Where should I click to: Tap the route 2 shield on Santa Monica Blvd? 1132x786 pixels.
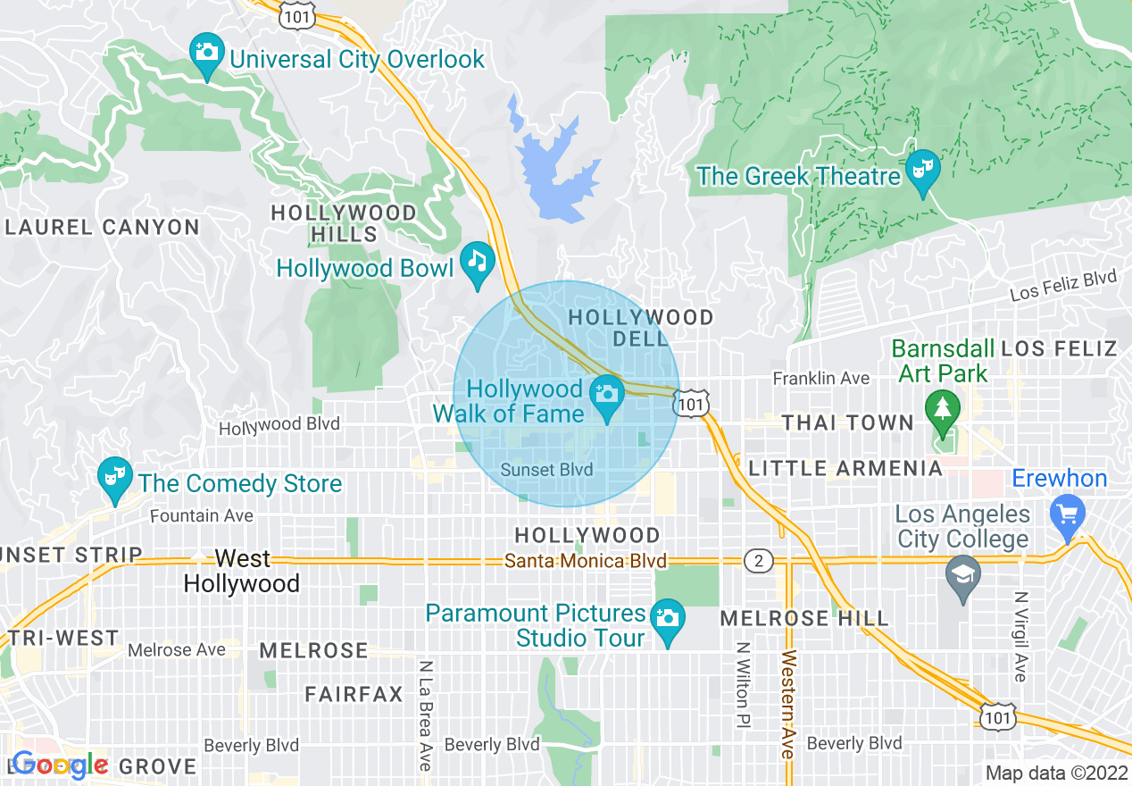point(758,561)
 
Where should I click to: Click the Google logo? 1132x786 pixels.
point(60,765)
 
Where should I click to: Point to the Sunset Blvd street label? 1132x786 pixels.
point(546,470)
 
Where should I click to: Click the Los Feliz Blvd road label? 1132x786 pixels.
point(1062,286)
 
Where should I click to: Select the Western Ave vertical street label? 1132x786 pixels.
point(787,705)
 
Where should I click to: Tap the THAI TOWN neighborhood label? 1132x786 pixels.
point(847,422)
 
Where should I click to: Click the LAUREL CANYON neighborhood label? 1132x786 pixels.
point(102,228)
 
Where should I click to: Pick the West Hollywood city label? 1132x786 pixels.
point(242,572)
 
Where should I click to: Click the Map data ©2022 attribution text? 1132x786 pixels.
point(1055,773)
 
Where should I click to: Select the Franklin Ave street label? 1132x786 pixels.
point(820,379)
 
